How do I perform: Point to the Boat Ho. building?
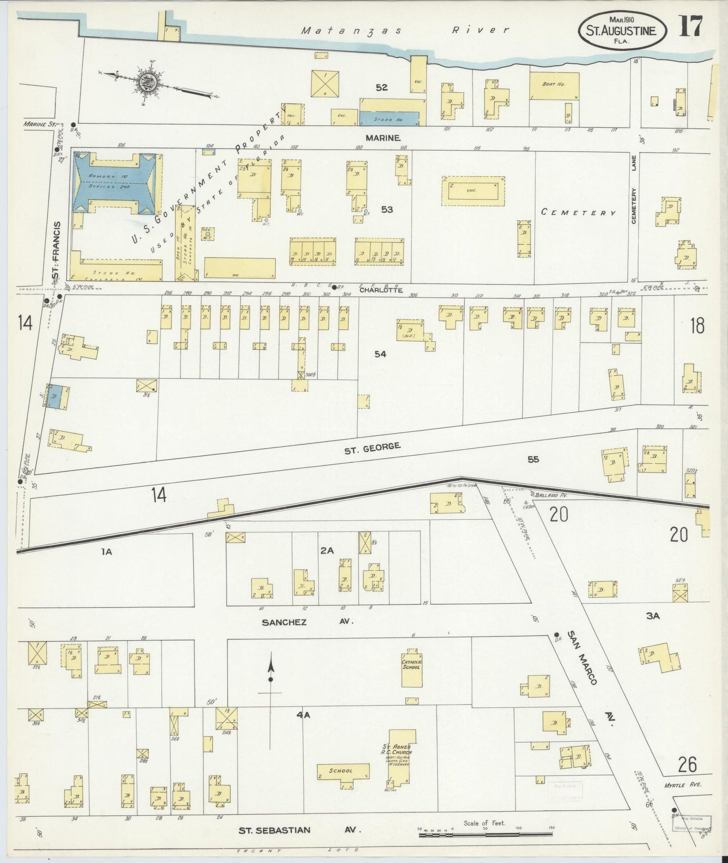[x=554, y=85]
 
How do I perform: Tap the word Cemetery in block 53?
[x=578, y=212]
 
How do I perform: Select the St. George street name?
[x=372, y=447]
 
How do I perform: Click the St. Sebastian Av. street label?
[x=299, y=830]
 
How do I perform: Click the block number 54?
[x=380, y=354]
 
